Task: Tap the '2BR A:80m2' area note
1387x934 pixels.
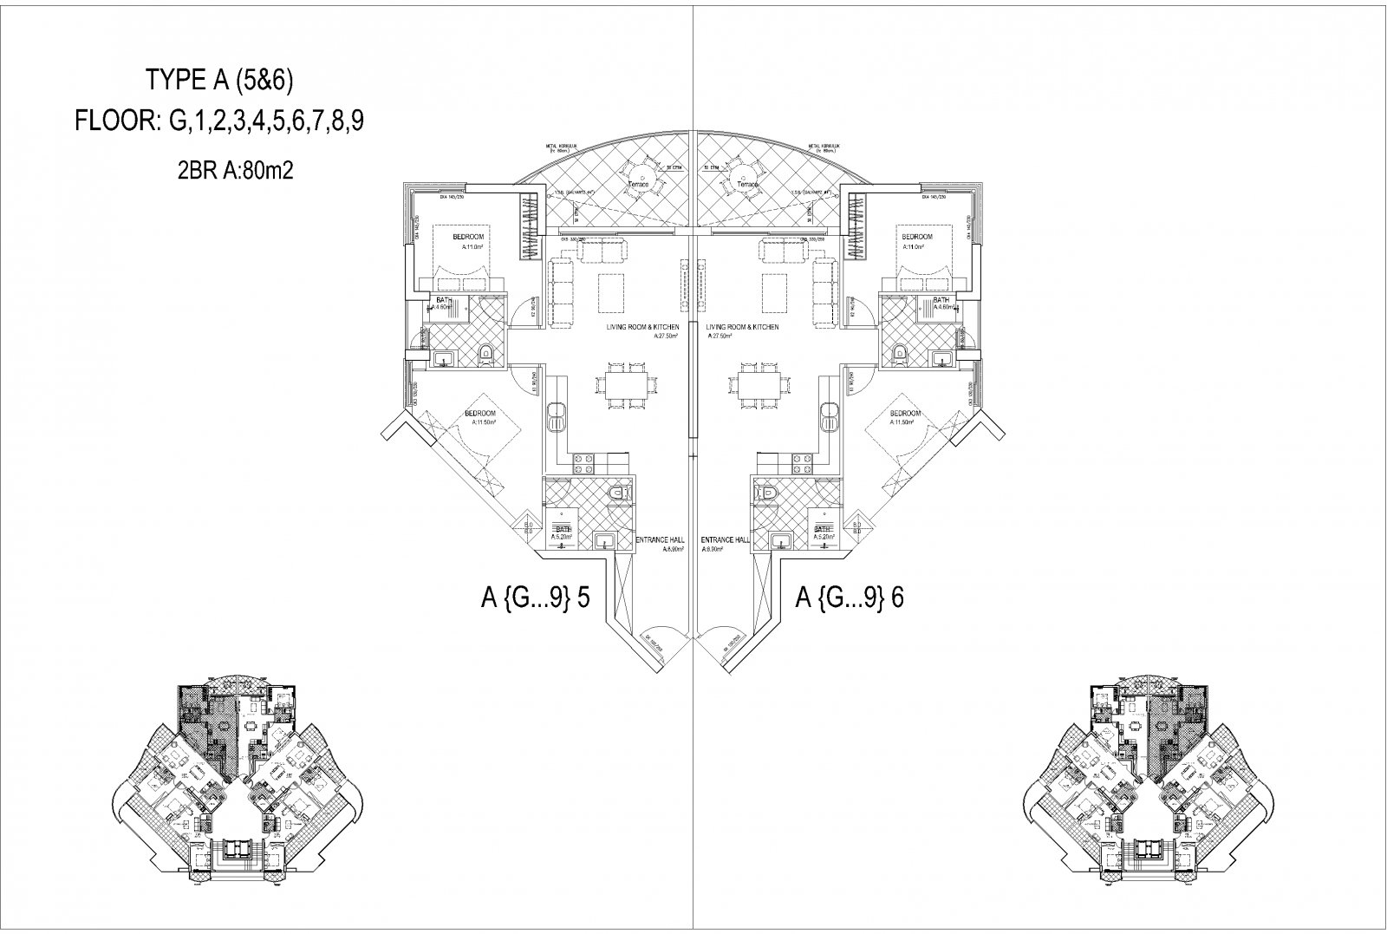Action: [x=235, y=171]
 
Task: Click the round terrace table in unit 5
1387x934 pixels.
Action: [x=644, y=173]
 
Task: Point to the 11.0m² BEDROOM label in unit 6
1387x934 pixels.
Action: [x=916, y=240]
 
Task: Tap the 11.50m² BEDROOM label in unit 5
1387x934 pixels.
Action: [x=479, y=417]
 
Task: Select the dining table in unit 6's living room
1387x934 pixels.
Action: [x=759, y=383]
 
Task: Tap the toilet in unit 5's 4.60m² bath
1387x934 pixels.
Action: [x=485, y=353]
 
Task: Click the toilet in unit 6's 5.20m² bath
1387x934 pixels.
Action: [x=766, y=493]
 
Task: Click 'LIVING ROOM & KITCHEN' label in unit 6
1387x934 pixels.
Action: [x=742, y=327]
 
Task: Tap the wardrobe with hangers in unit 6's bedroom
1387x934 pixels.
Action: [x=857, y=225]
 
